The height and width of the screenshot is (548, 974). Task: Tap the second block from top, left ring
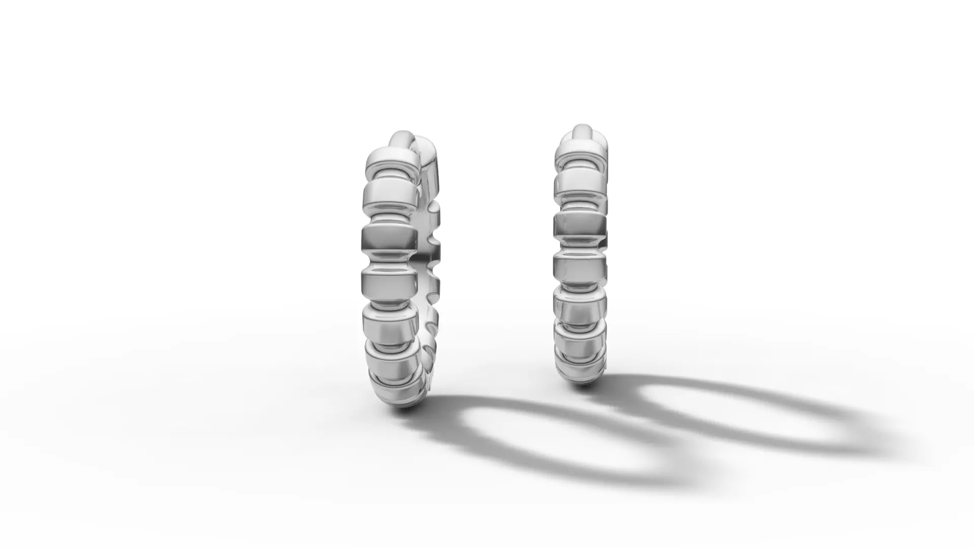389,196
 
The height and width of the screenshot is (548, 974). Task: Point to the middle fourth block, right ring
580,264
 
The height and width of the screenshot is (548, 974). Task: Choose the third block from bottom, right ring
580,305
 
